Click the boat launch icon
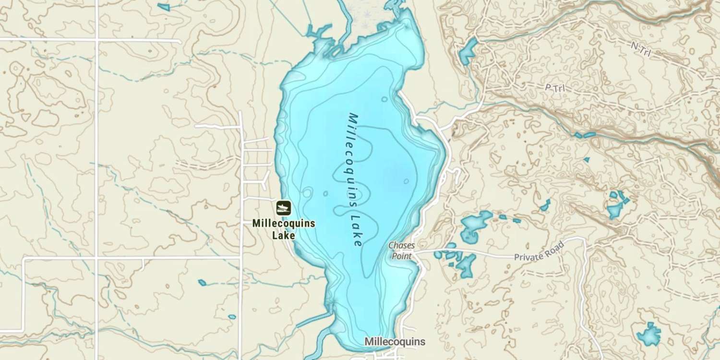point(283,208)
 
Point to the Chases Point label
point(401,251)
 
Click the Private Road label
point(538,251)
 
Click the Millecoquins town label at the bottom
point(395,342)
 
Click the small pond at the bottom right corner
point(649,334)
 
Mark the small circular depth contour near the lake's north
point(384,99)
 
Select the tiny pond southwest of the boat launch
point(202,282)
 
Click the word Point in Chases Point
point(401,256)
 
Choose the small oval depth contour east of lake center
point(406,181)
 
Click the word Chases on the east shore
point(401,245)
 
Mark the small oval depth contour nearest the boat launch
point(307,193)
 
